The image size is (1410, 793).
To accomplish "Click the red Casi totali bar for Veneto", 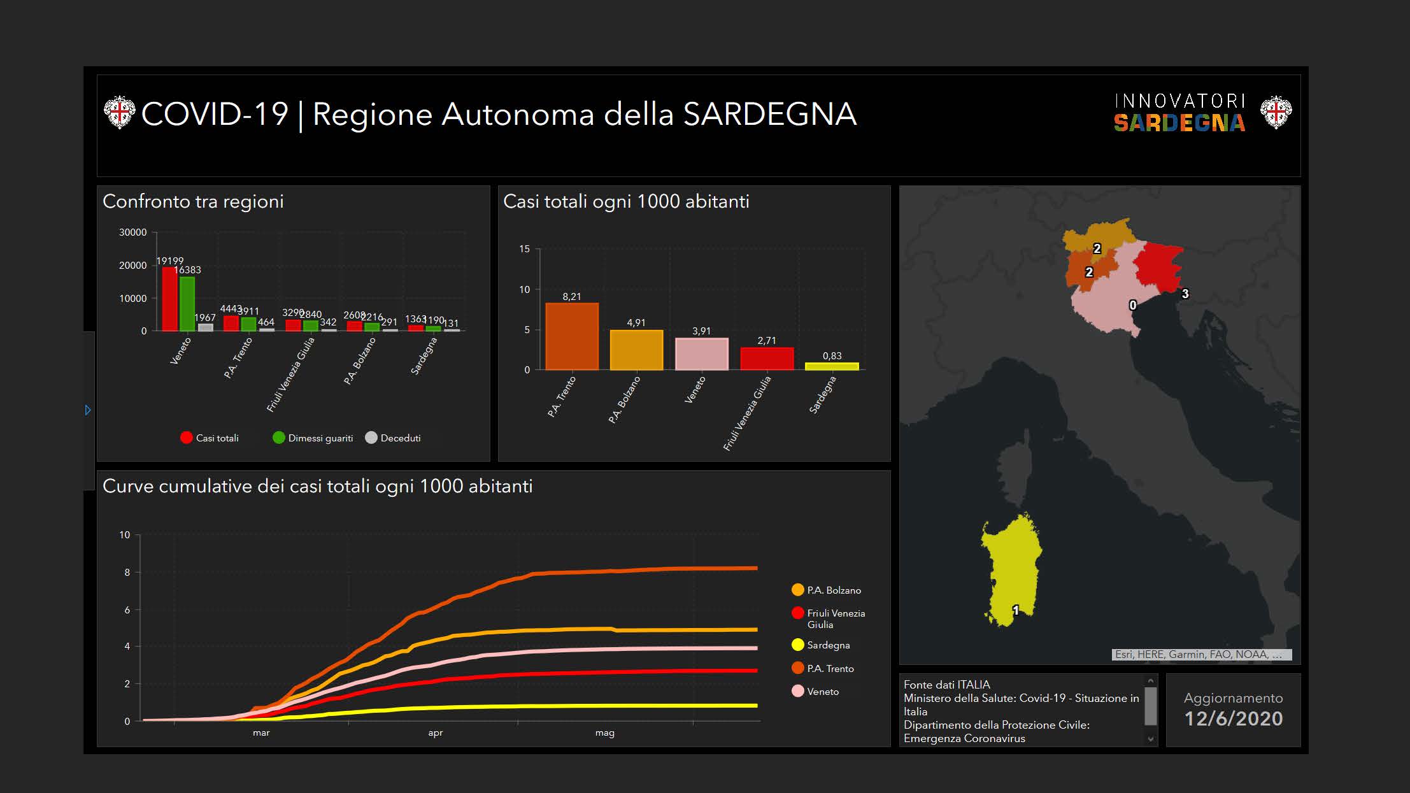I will [169, 299].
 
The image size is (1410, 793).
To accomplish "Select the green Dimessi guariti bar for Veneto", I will [187, 304].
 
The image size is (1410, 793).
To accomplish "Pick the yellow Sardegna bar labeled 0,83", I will [832, 366].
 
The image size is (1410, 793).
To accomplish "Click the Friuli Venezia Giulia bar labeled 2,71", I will [767, 359].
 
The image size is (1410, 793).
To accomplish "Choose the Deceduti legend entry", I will [393, 438].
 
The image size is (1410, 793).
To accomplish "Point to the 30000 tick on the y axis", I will [132, 232].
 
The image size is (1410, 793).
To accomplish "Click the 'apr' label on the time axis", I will [436, 733].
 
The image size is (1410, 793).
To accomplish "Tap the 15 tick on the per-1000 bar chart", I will [524, 249].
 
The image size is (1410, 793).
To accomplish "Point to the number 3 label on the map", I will [1185, 294].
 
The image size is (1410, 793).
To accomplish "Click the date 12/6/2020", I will [1234, 718].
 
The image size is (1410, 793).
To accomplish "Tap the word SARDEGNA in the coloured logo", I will [1179, 123].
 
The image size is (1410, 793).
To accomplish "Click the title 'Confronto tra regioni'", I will [193, 201].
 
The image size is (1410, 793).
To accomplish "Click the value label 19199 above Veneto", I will [169, 261].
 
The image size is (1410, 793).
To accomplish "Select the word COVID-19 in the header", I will [215, 115].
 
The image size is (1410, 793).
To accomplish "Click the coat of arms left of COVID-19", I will [119, 113].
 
